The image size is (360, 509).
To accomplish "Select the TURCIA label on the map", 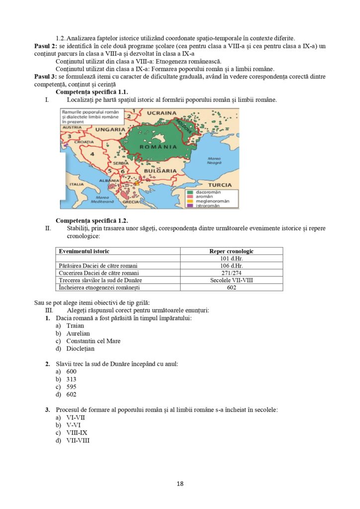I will coord(220,185).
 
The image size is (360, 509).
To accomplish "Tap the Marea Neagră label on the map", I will coord(214,161).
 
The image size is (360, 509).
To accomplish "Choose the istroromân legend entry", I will coord(207,205).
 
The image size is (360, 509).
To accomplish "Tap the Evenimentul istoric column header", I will coord(84,252).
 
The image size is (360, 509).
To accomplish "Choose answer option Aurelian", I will coord(78,334).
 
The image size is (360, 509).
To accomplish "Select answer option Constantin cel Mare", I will coord(93,341).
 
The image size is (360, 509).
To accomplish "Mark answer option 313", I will coord(71,379).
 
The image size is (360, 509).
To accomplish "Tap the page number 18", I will coord(180,483).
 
